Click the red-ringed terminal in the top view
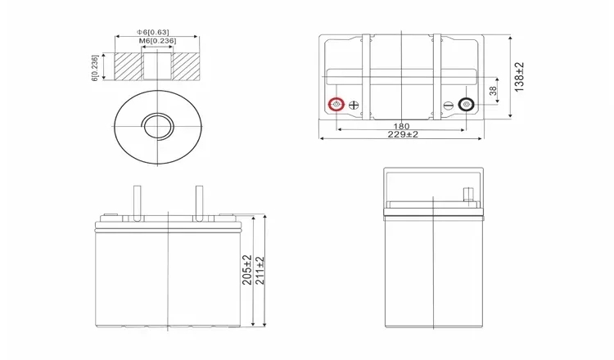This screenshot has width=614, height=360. (336, 105)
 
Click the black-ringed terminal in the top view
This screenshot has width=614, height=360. (466, 105)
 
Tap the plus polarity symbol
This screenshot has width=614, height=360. (354, 105)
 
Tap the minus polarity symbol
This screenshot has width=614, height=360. (449, 105)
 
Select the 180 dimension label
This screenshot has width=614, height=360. (401, 126)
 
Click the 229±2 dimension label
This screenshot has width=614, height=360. (403, 134)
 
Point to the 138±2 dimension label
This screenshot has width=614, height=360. (519, 77)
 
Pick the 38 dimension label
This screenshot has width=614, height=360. (493, 91)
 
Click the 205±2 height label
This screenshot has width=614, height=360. (247, 270)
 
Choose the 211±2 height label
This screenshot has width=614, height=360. (260, 271)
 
